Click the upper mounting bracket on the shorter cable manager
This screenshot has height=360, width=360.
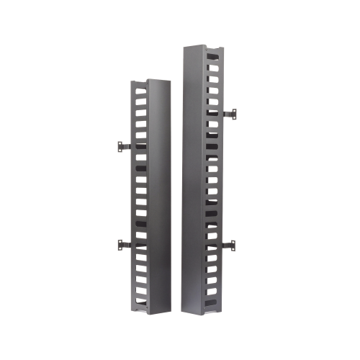tap(120, 146)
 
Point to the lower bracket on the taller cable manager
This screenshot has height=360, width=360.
tap(230, 246)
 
